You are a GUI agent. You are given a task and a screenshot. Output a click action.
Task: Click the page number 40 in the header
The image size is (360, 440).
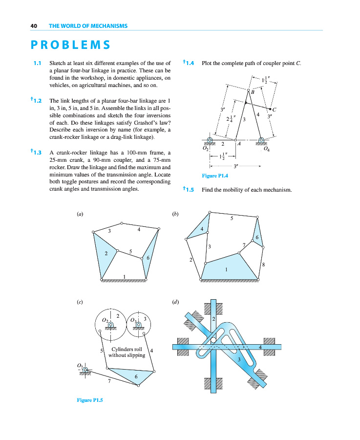pos(34,25)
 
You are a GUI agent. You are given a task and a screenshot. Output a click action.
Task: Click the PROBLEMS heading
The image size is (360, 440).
pos(70,45)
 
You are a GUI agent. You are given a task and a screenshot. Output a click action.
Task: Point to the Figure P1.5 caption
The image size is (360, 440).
pos(90,399)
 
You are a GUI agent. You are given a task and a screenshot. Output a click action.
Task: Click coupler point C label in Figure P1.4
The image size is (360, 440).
pos(275,110)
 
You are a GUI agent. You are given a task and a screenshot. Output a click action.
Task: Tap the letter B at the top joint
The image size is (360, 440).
pos(253,92)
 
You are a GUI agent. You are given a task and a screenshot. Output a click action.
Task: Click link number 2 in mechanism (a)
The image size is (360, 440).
pos(106,254)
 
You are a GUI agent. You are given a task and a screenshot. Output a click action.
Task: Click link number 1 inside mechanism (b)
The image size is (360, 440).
pos(226,269)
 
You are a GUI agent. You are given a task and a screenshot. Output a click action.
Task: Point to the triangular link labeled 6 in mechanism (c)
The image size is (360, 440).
pos(136,376)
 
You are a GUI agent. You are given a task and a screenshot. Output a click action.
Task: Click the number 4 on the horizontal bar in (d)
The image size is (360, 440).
pos(260,347)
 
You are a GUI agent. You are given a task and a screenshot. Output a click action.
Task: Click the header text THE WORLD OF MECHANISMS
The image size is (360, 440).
pos(88,25)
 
